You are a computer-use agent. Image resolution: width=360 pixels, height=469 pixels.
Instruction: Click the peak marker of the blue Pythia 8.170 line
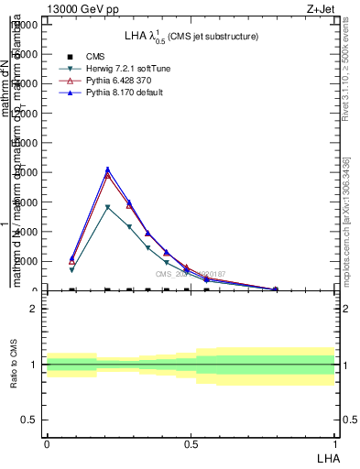point(108,169)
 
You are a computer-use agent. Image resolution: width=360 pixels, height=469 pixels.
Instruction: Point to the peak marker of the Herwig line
point(108,208)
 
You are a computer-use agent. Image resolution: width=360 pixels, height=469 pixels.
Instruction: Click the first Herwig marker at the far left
point(71,270)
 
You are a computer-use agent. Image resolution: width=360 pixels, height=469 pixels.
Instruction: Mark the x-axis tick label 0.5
point(191,444)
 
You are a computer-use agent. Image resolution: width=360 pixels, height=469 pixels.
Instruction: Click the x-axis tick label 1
point(334,444)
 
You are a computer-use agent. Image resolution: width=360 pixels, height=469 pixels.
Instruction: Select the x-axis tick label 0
point(47,444)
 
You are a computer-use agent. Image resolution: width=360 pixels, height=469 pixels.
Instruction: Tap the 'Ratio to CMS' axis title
point(15,365)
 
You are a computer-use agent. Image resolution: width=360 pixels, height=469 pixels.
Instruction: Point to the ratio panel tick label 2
point(34,309)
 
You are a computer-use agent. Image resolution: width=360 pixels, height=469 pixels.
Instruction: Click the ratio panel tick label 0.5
point(29,420)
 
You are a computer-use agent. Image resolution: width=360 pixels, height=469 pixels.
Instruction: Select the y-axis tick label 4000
point(27,232)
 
